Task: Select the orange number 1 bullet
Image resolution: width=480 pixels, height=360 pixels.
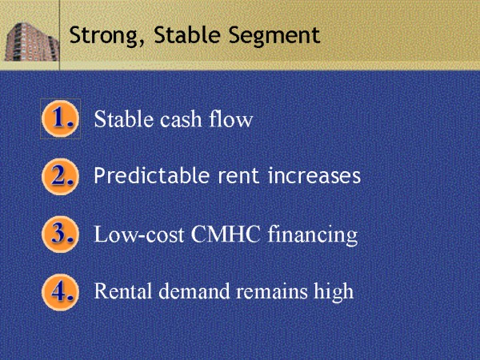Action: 60,119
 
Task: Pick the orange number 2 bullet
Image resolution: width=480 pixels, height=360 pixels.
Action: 60,176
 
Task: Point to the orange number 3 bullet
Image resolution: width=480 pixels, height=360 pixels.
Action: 60,234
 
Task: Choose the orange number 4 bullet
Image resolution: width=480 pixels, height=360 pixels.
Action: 60,290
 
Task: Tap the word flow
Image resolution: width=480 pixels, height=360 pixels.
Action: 232,120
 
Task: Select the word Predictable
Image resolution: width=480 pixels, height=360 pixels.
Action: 145,175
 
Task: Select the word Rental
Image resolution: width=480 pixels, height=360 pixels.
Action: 122,291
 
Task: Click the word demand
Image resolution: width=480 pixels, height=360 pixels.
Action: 188,291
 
